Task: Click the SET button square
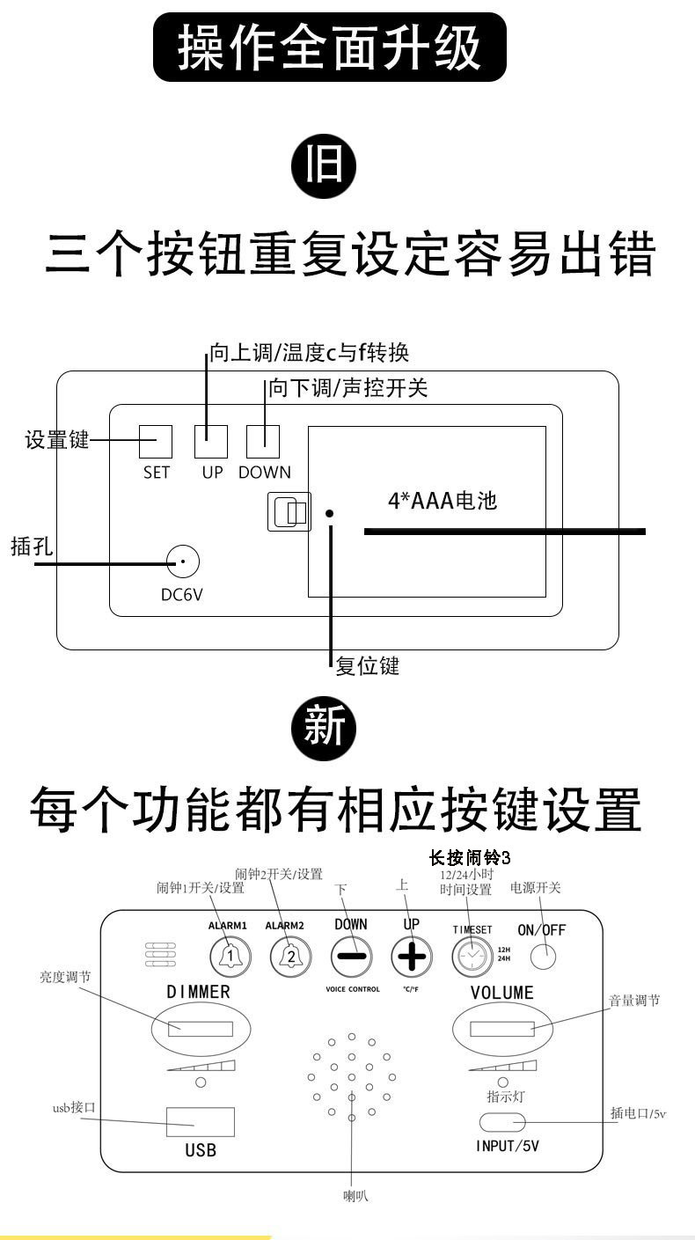(x=156, y=442)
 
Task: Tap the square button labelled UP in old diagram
(x=211, y=442)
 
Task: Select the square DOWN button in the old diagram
(x=262, y=442)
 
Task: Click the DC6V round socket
(x=183, y=561)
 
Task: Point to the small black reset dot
(x=329, y=512)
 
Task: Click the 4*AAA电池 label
(x=443, y=502)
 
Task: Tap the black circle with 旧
(x=325, y=167)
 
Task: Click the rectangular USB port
(x=201, y=1122)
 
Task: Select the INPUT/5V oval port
(x=502, y=1122)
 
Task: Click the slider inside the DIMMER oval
(x=201, y=1028)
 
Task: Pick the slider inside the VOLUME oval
(x=501, y=1029)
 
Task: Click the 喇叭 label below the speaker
(x=355, y=1195)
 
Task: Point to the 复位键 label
(x=368, y=666)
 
